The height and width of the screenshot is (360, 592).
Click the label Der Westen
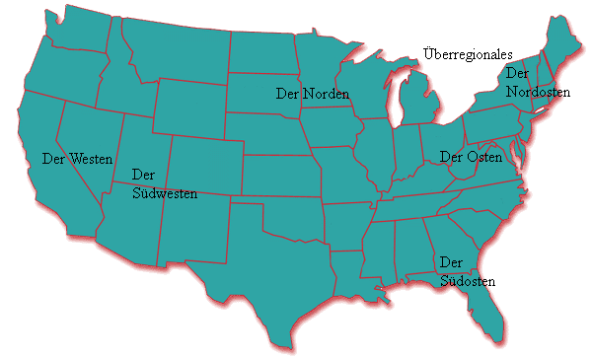click(77, 158)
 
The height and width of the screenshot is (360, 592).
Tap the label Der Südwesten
click(164, 184)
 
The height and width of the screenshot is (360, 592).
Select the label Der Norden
click(313, 93)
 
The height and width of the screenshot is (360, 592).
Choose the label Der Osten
click(471, 158)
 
